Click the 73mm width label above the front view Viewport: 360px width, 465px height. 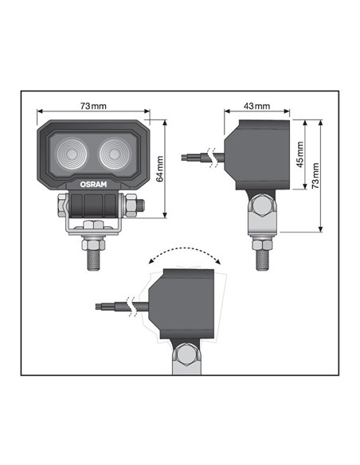(93, 106)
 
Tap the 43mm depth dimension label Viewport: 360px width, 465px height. (256, 106)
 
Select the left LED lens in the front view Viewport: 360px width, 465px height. (73, 153)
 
